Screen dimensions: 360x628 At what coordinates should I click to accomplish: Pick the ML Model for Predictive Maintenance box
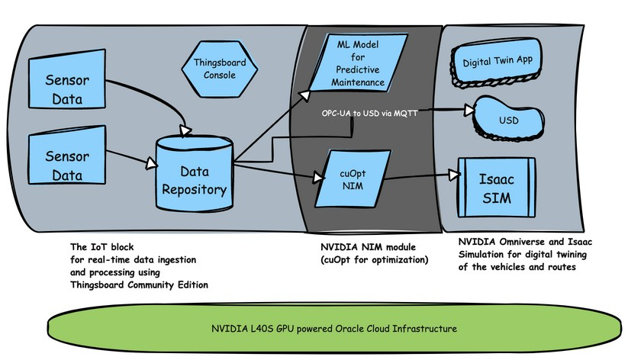[x=358, y=62]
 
